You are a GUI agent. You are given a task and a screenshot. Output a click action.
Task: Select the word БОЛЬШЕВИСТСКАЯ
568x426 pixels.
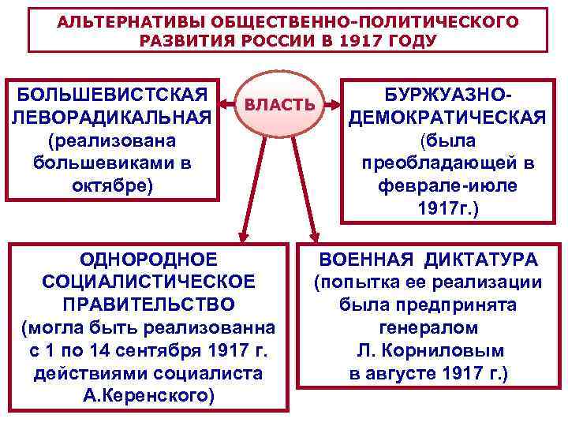112,95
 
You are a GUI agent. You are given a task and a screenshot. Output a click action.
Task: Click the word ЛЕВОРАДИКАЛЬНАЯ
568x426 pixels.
112,118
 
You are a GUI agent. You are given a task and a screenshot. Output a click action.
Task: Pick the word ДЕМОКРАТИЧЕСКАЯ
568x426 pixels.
447,118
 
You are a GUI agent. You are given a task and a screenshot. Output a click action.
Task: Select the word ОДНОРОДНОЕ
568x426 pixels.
148,260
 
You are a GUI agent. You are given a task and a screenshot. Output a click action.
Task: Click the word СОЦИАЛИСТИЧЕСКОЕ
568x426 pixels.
148,282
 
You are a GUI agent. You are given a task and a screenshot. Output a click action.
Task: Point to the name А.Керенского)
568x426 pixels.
148,394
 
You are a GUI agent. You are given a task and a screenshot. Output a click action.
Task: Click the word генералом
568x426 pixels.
428,327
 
